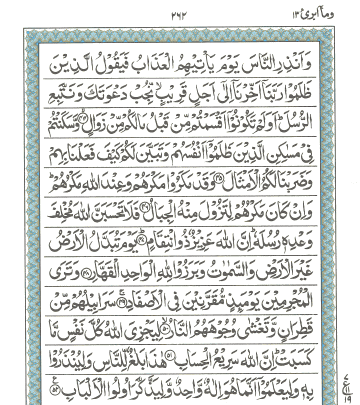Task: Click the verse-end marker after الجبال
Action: pos(147,206)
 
